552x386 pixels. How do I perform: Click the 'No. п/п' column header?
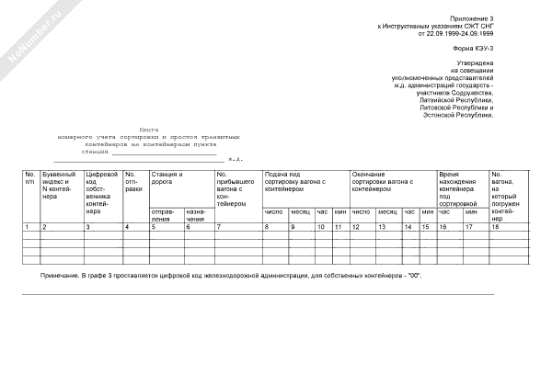[30, 177]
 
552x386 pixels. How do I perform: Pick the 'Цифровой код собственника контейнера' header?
[101, 191]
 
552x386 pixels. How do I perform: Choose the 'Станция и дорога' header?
[167, 177]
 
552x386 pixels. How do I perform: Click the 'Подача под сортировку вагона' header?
[295, 177]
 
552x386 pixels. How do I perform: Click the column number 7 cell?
[219, 226]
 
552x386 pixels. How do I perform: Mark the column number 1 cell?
[28, 226]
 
